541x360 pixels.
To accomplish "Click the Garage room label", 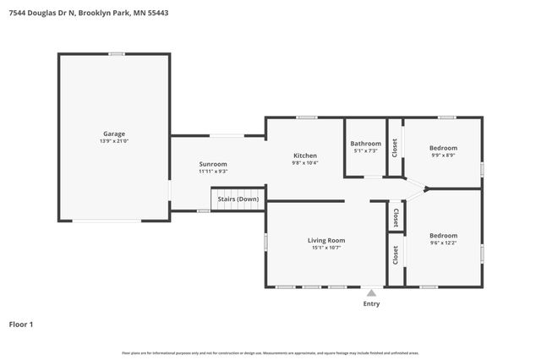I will [x=114, y=134].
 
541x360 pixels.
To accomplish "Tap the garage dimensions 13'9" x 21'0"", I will [x=114, y=141].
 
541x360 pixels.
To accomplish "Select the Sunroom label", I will [x=213, y=164].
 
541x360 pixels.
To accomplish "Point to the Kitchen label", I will [x=305, y=155].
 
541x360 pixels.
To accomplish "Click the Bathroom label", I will [x=366, y=144].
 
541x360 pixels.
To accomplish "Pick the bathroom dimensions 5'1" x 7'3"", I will [x=366, y=151].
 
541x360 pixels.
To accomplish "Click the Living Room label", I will [x=326, y=240].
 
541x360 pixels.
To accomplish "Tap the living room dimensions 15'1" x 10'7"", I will [x=326, y=248].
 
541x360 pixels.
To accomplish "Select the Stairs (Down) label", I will [x=238, y=199].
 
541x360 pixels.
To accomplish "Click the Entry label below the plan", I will [x=371, y=303].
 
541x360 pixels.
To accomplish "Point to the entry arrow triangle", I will [x=371, y=292].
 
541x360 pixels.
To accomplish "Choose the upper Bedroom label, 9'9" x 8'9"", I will [x=444, y=148].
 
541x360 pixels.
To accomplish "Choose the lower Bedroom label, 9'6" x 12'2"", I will [x=443, y=236].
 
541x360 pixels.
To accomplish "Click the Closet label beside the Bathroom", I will [x=395, y=148].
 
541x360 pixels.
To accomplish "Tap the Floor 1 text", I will [x=21, y=324].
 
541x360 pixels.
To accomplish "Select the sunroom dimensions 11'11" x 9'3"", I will [x=213, y=172].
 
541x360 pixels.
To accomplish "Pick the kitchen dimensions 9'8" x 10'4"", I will [x=305, y=163].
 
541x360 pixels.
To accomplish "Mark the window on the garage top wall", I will [x=117, y=54].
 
